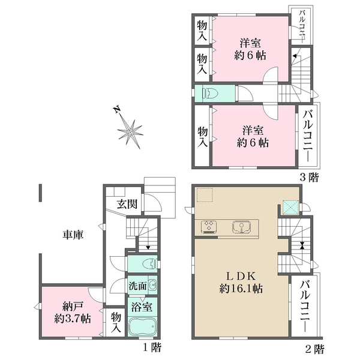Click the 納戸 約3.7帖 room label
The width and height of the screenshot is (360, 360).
68,310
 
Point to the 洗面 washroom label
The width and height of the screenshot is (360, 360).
137,286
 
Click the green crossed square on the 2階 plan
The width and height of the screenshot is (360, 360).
291,207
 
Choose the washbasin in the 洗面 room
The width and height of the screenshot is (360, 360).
152,286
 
